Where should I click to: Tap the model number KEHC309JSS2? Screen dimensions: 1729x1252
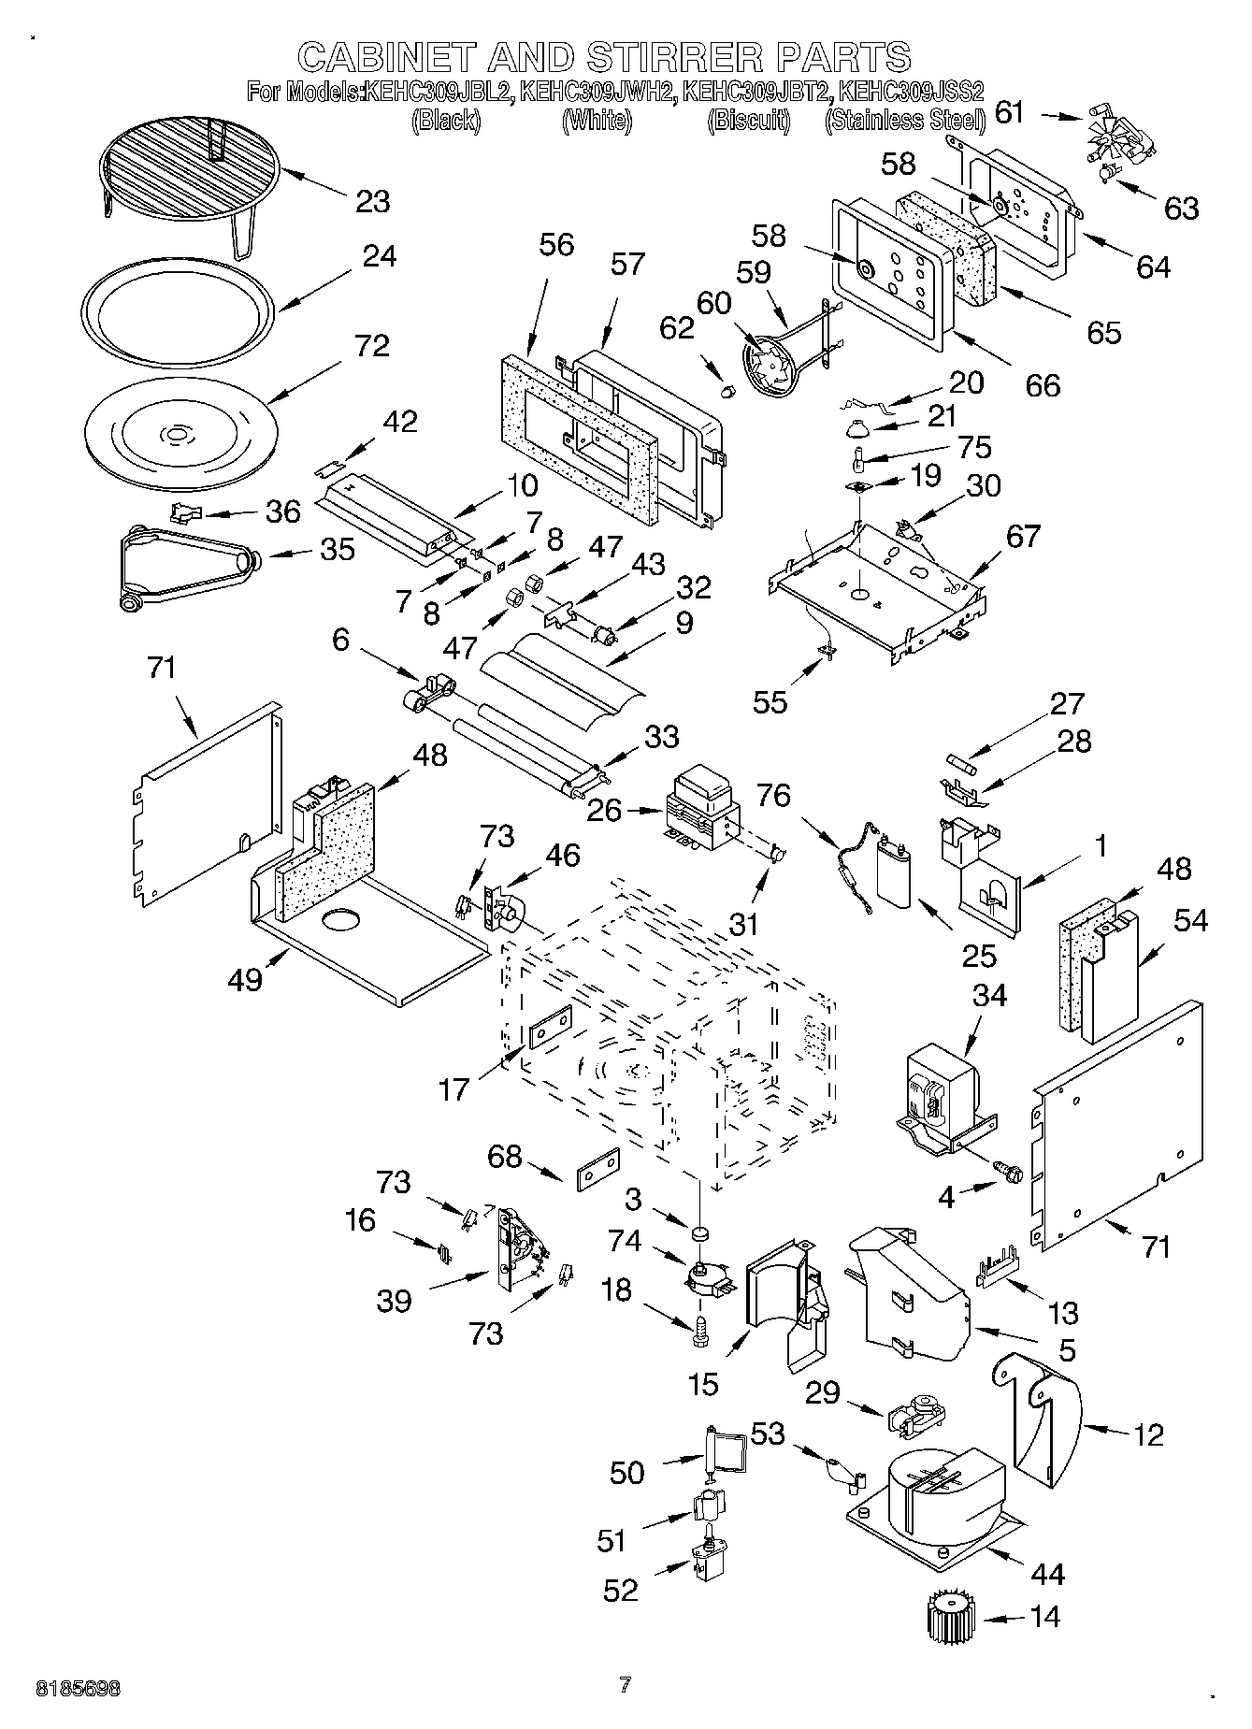[x=912, y=92]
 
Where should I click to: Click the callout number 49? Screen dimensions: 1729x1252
[x=244, y=979]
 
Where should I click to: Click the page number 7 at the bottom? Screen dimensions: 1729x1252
[x=626, y=1685]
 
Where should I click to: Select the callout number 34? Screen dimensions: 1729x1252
[x=989, y=996]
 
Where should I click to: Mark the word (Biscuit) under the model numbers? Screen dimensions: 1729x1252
[x=748, y=121]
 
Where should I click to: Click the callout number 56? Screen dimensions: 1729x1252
[x=556, y=245]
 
